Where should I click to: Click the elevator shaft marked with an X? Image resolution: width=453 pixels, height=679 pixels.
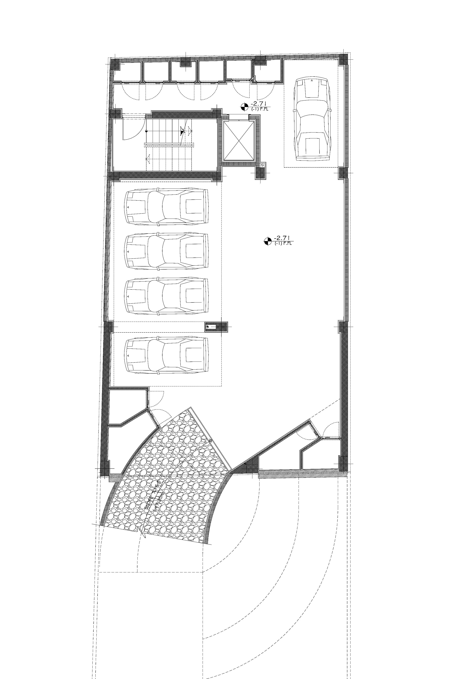(x=239, y=141)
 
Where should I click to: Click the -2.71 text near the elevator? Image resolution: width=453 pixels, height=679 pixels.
(x=258, y=103)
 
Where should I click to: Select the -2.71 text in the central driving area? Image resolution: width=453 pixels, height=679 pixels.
(x=281, y=238)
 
